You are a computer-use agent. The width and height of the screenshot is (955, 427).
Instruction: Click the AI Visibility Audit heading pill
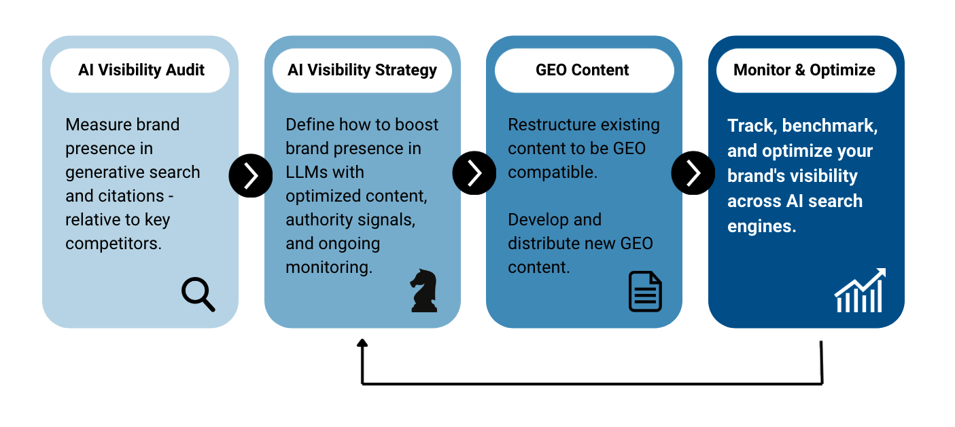(x=141, y=70)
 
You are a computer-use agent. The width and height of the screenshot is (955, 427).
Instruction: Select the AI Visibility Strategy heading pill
(x=362, y=70)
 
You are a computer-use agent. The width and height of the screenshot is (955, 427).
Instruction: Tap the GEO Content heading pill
(x=583, y=70)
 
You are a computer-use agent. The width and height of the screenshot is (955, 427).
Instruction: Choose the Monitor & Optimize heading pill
(x=805, y=70)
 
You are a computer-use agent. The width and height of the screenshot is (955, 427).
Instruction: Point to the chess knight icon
(x=423, y=291)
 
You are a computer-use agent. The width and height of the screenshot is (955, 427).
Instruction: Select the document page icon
(x=644, y=291)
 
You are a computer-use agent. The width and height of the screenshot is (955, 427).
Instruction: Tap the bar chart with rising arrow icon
(x=860, y=291)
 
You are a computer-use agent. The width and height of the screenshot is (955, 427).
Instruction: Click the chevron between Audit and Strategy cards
(x=251, y=175)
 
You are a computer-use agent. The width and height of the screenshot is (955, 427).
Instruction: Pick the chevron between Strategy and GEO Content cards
(x=474, y=173)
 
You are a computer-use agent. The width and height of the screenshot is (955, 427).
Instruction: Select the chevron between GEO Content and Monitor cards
(x=693, y=173)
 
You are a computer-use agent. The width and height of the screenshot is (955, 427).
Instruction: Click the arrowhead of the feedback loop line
(x=362, y=344)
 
